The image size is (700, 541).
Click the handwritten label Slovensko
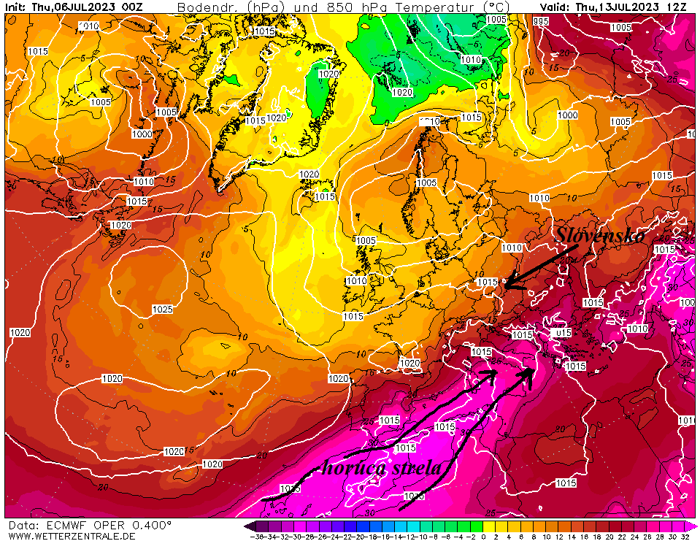pyautogui.click(x=600, y=235)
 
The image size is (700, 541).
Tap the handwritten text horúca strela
pyautogui.click(x=382, y=468)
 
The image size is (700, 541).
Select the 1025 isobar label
pyautogui.click(x=162, y=310)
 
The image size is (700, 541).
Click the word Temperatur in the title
pyautogui.click(x=430, y=7)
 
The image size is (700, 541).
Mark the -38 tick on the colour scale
pyautogui.click(x=256, y=536)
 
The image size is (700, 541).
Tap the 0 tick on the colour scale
pyautogui.click(x=482, y=536)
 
